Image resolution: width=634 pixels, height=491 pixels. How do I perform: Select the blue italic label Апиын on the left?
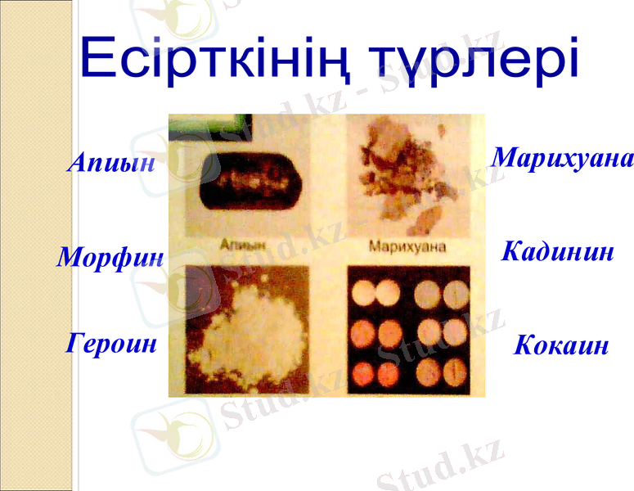(x=111, y=163)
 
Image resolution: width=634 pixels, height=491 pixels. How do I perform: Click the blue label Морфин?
(x=110, y=258)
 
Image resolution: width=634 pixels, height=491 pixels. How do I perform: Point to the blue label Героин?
(x=111, y=342)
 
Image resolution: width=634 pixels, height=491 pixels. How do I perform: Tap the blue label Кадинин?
(x=557, y=251)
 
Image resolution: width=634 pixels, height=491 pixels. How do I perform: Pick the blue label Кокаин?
(x=561, y=345)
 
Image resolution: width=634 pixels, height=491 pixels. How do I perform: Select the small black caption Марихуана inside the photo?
(x=407, y=245)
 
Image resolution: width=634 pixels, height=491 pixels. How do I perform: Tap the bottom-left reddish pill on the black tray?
(x=362, y=373)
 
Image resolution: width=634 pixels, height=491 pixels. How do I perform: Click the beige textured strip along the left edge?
(x=37, y=245)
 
